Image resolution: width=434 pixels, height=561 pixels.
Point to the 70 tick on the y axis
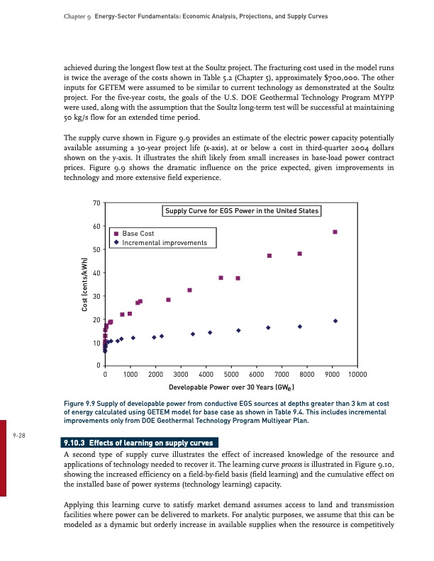point(96,203)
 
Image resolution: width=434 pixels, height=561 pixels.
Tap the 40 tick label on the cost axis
point(96,273)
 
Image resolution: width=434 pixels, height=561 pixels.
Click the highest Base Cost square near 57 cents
point(335,232)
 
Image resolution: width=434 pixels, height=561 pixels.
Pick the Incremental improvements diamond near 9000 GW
point(335,321)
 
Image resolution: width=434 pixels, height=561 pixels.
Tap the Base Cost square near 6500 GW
point(269,256)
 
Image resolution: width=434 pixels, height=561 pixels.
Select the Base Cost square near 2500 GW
point(168,300)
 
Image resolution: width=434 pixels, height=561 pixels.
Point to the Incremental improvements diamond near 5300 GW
point(238,330)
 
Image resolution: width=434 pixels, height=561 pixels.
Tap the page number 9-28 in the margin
point(19,436)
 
